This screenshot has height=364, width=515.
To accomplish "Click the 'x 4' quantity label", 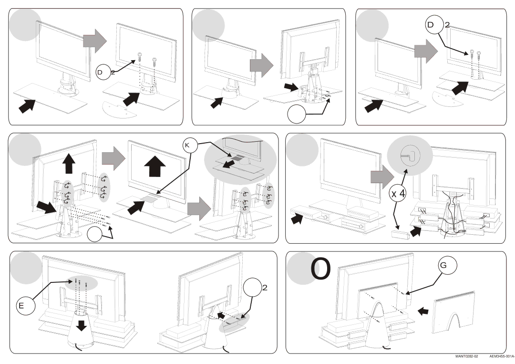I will [398, 194].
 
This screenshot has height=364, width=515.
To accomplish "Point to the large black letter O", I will [321, 270].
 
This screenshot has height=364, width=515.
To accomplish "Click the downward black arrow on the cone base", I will [82, 325].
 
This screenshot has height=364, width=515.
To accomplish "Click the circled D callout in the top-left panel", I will [101, 72].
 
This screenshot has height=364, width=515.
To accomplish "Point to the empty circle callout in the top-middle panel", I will [296, 114].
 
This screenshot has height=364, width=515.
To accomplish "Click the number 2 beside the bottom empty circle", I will [264, 288].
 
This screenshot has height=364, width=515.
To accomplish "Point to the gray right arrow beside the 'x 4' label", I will [379, 176].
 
